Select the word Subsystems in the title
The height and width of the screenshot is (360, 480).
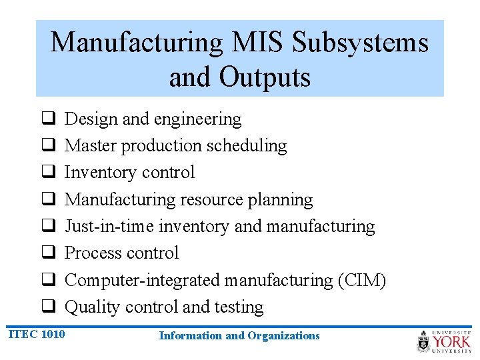[361, 43]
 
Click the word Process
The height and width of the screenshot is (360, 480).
[92, 253]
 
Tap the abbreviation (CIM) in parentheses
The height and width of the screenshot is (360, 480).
[361, 280]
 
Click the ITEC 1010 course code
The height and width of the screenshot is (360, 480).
[37, 333]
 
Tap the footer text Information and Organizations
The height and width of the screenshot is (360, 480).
[239, 336]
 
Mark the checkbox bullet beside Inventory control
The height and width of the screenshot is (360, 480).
[48, 173]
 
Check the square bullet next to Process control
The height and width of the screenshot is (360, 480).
[48, 253]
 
